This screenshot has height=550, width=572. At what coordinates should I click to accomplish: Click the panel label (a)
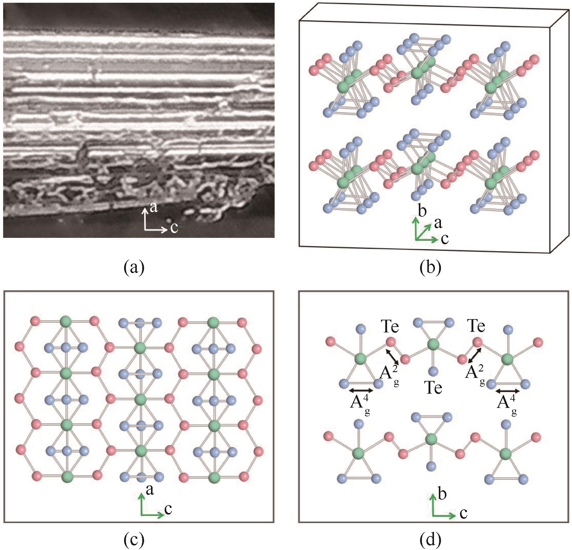click(x=134, y=268)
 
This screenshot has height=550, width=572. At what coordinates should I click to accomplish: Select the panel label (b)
click(x=430, y=268)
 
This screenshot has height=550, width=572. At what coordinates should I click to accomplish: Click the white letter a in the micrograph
click(x=154, y=207)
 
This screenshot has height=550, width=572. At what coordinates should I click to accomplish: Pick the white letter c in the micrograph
click(x=174, y=228)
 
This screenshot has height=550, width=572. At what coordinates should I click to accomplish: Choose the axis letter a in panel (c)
click(x=150, y=489)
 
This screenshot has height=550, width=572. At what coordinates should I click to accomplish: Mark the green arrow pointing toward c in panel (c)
click(x=153, y=515)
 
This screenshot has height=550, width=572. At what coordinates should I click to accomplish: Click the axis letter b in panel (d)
click(x=442, y=494)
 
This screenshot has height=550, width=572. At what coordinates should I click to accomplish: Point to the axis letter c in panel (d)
click(x=463, y=513)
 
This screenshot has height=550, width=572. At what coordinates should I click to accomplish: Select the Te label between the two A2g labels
click(x=433, y=388)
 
